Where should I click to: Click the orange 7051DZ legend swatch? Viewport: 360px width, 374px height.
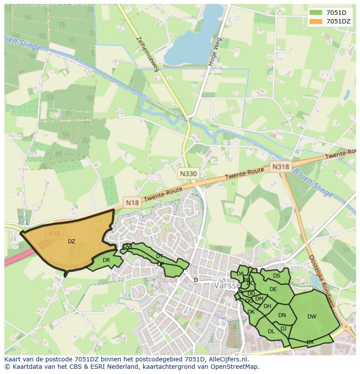coord(316,21)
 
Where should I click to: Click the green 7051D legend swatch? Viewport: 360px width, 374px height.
coord(316,12)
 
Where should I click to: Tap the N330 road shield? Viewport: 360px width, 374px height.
coord(188,174)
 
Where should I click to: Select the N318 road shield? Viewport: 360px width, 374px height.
coord(280,166)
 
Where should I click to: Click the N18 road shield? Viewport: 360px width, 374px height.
coord(132,202)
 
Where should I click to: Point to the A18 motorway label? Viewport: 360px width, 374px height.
coord(55,234)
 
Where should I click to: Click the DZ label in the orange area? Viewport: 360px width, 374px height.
coord(71,242)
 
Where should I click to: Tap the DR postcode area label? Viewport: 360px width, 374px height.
coord(106,260)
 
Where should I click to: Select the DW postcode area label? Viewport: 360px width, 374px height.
coord(312,317)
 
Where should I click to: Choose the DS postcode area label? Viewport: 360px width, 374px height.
coord(277,276)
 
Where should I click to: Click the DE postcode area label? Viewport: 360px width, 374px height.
coord(273,289)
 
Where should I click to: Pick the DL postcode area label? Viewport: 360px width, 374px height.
coord(271,331)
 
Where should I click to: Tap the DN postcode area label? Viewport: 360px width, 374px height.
coord(282,315)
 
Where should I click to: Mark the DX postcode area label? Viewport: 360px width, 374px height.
coord(310,342)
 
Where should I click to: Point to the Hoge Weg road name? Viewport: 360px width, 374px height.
coord(215,52)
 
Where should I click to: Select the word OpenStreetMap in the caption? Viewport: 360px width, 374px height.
coord(237,367)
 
